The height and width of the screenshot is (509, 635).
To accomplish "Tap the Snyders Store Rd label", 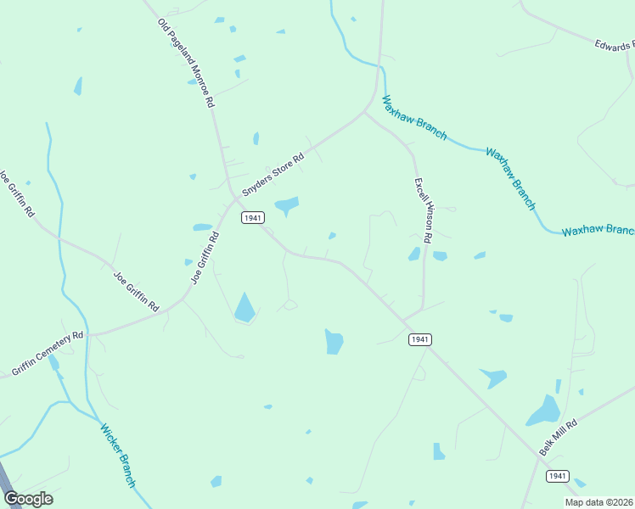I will tap(273, 175).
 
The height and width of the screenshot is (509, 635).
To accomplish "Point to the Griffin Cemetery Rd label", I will tap(48, 353).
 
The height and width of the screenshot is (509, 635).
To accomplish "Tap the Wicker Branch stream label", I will tap(118, 456).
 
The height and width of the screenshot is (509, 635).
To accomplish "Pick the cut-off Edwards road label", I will tap(614, 43).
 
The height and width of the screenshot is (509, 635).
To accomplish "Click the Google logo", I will tap(28, 499).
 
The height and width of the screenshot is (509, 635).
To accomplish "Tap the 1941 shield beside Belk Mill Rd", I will tap(556, 475).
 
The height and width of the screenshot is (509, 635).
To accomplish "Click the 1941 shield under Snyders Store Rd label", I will tap(252, 218).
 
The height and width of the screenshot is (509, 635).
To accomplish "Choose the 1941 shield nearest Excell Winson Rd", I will tap(419, 339).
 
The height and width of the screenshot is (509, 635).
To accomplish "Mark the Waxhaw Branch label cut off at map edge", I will tap(598, 231).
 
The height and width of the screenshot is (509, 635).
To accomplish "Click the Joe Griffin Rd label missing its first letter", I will tap(17, 194).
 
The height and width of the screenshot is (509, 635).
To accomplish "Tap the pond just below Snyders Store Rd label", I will tap(286, 204).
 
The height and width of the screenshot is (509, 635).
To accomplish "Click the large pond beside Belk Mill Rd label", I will tap(543, 411).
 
